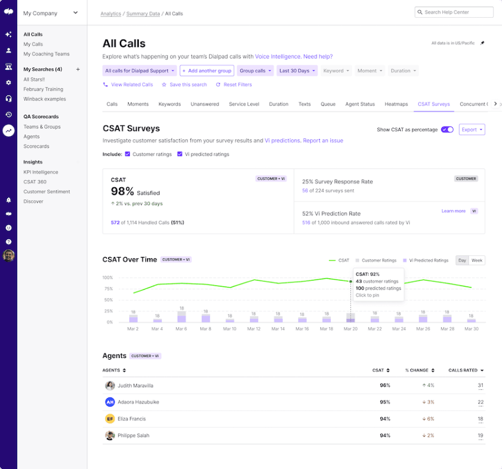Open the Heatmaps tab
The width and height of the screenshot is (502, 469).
click(396, 104)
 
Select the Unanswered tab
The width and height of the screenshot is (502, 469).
click(204, 104)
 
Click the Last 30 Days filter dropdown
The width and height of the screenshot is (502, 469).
click(298, 71)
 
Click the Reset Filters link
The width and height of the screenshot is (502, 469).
click(234, 84)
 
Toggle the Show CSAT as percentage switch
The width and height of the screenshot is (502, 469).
click(447, 129)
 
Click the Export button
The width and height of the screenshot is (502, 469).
click(471, 129)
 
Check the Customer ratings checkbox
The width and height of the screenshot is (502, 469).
click(128, 154)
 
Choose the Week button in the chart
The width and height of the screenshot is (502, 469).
click(477, 260)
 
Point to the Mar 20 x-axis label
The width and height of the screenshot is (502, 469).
click(350, 329)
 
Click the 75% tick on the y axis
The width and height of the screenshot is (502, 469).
click(107, 289)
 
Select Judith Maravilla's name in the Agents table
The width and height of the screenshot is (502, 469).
click(135, 386)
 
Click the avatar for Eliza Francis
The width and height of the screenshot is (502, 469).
click(110, 419)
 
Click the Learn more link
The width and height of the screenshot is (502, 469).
click(454, 211)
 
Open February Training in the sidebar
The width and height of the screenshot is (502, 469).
click(43, 89)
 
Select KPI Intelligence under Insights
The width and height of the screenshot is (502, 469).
click(41, 172)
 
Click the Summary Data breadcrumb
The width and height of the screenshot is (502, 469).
click(143, 14)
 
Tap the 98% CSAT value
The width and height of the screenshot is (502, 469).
click(122, 191)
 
